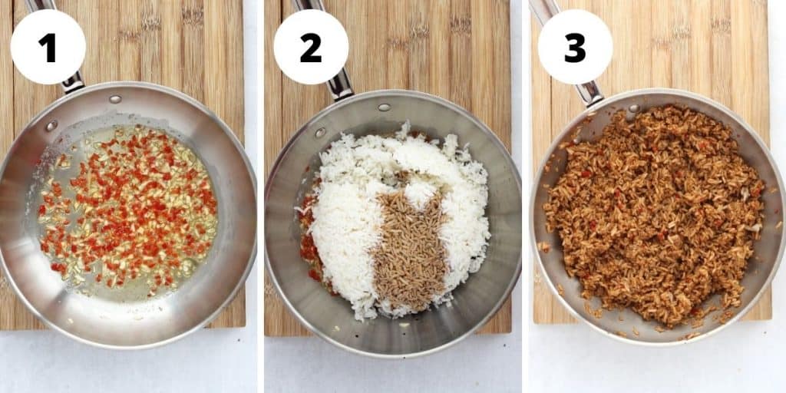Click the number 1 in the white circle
48,48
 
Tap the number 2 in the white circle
311,48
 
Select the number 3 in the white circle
575,48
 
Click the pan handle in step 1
72,80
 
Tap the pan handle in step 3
589,91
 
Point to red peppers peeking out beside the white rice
309,246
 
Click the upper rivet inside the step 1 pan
114,99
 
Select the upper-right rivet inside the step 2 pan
384,107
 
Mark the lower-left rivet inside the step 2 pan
320,132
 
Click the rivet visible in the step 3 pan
634,109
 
